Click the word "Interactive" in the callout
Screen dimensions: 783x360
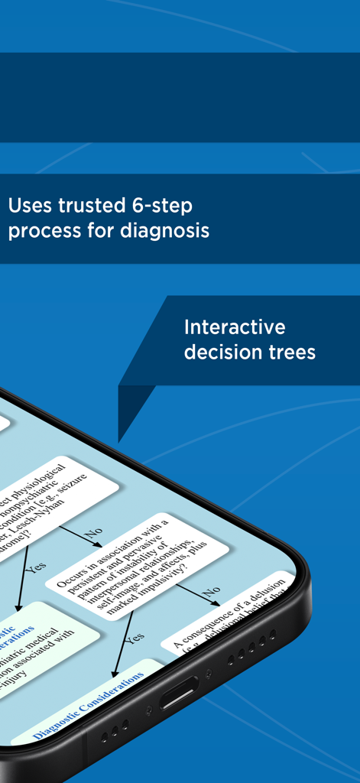coord(235,327)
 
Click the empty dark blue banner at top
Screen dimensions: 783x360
coord(180,97)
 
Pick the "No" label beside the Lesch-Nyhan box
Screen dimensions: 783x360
coord(93,531)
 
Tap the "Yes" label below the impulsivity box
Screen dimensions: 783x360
coord(135,636)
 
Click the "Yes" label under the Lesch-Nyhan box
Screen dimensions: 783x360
coord(36,567)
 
